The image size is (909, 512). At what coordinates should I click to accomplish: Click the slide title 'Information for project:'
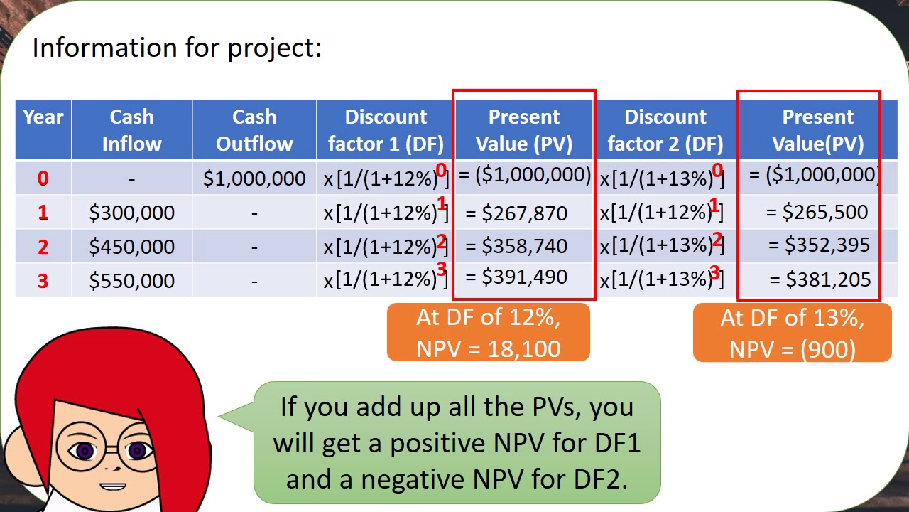(x=177, y=48)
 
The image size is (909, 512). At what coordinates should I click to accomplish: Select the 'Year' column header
(x=43, y=117)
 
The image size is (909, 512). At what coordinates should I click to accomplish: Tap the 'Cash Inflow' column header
(x=131, y=130)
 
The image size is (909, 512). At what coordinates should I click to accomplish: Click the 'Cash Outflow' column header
(x=254, y=130)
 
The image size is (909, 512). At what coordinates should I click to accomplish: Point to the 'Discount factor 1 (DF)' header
(x=386, y=130)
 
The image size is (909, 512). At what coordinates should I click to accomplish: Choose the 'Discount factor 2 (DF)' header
(x=665, y=130)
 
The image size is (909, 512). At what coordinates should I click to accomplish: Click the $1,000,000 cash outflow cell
(x=254, y=178)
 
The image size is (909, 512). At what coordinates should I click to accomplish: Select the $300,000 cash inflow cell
(x=131, y=213)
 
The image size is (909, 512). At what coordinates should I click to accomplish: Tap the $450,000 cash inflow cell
(x=131, y=247)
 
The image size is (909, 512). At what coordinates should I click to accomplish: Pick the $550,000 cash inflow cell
(x=131, y=281)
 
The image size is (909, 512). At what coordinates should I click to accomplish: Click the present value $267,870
(x=524, y=213)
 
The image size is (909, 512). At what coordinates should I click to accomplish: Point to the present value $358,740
(x=524, y=246)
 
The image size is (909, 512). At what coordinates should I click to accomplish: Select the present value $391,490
(x=524, y=277)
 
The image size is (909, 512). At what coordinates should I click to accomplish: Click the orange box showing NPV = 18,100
(x=489, y=333)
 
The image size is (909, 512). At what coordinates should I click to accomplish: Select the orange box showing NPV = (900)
(x=792, y=333)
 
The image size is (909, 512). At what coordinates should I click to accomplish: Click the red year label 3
(x=43, y=281)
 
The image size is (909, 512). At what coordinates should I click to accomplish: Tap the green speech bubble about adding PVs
(x=457, y=442)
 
